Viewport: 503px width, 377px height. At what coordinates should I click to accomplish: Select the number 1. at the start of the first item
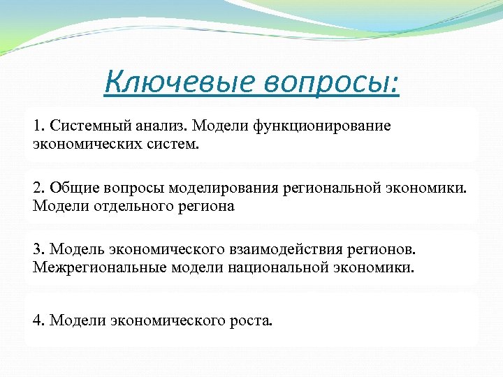[38, 126]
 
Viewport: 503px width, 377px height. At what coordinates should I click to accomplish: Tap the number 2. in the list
[38, 188]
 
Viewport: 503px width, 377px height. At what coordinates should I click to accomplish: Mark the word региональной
[333, 188]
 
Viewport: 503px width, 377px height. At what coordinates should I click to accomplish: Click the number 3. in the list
[38, 250]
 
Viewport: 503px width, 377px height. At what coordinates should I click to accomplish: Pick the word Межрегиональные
[89, 267]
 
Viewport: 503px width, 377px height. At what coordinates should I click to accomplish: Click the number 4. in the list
[38, 320]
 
